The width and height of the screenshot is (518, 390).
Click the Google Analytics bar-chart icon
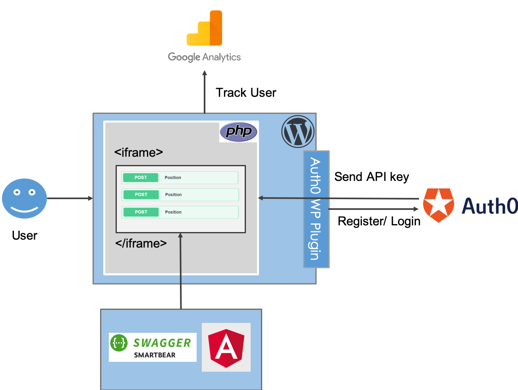205,28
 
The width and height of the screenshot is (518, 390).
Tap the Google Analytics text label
204,57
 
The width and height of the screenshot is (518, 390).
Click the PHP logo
238,132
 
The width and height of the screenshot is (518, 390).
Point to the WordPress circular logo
298,132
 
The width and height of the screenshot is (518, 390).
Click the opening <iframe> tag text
139,152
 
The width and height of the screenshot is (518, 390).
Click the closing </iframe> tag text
141,243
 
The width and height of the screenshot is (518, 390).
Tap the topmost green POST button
141,177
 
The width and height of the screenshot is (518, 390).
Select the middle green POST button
141,194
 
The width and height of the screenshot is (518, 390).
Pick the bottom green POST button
141,212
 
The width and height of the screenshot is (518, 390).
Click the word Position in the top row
173,177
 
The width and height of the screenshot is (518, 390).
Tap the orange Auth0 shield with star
439,205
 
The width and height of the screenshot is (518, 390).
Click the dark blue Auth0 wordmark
489,206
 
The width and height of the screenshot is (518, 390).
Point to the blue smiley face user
25,198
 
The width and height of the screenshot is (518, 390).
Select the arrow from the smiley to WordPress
70,198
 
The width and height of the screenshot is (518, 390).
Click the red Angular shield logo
226,348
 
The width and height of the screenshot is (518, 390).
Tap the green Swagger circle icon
119,343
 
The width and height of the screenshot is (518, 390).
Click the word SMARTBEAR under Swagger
155,355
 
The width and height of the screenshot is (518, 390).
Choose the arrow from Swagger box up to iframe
181,274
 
